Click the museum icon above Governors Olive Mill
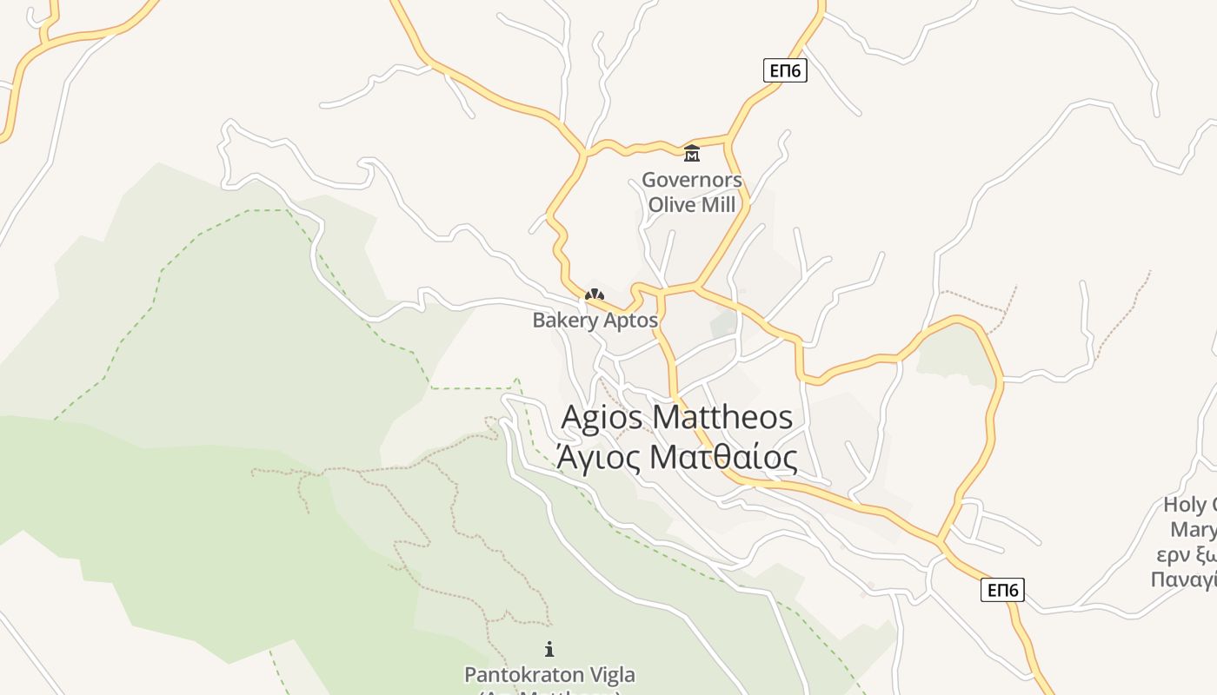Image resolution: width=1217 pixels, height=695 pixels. click(x=692, y=154)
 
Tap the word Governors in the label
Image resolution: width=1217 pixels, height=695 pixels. click(x=692, y=180)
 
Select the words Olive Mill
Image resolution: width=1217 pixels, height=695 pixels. click(x=692, y=205)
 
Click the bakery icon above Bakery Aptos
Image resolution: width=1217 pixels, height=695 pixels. click(x=595, y=295)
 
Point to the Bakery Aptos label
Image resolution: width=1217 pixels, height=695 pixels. click(x=595, y=321)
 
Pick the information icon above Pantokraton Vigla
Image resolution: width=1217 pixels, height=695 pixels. click(x=549, y=649)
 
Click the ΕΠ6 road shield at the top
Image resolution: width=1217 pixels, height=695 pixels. click(x=785, y=71)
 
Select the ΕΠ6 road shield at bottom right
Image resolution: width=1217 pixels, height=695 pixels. click(x=1002, y=591)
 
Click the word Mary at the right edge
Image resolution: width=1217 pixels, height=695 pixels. click(x=1193, y=530)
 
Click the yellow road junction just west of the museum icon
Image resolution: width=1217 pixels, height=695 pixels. click(x=584, y=154)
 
